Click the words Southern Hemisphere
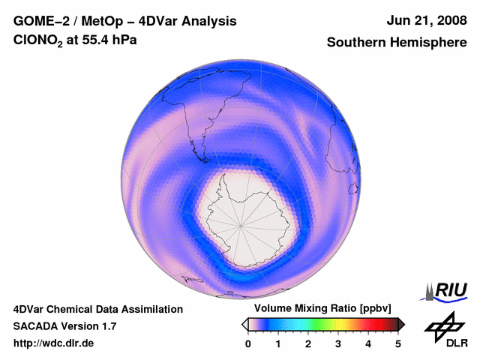pyautogui.click(x=397, y=43)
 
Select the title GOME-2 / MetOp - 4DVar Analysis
pyautogui.click(x=125, y=21)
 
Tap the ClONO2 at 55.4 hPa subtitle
pyautogui.click(x=75, y=43)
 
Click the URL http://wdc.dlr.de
pyautogui.click(x=54, y=343)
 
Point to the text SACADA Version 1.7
pyautogui.click(x=64, y=326)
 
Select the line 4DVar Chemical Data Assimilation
pyautogui.click(x=98, y=309)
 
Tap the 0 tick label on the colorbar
pyautogui.click(x=248, y=343)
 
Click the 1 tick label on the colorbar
pyautogui.click(x=278, y=343)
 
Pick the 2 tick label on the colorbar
pyautogui.click(x=308, y=343)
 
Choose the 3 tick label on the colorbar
pyautogui.click(x=338, y=343)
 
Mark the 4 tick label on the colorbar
pyautogui.click(x=368, y=343)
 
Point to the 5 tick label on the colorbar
pyautogui.click(x=398, y=343)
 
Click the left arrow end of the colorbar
pyautogui.click(x=244, y=324)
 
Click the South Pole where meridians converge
pyautogui.click(x=241, y=223)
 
